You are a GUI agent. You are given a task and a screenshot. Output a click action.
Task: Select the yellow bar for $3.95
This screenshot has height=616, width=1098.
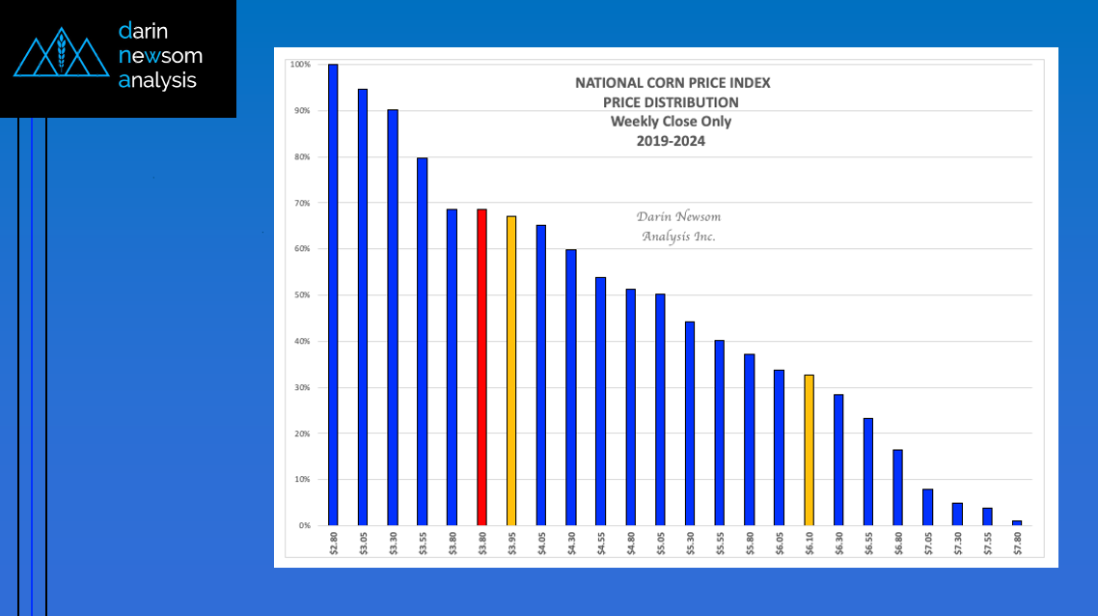point(511,371)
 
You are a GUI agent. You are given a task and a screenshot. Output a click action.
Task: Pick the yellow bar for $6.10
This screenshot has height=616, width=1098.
point(809,450)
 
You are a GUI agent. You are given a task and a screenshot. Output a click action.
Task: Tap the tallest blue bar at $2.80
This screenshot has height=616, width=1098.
point(333,294)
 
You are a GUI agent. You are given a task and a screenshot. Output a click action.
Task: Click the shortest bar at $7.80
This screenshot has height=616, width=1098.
point(1017,522)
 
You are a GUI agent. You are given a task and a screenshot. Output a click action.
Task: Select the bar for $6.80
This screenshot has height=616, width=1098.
point(897,488)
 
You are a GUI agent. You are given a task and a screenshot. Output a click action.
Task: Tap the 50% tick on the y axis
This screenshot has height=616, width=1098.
point(301,295)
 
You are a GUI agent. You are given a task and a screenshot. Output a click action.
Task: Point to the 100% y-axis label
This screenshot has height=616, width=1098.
point(300,65)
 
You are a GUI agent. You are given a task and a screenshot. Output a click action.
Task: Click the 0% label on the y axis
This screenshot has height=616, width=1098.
point(302,526)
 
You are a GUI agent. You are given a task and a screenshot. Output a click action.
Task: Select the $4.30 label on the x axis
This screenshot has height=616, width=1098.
point(571,545)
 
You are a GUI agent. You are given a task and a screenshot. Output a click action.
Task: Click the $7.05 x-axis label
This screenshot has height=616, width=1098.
point(927,545)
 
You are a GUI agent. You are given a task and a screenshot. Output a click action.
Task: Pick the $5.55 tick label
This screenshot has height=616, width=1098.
point(720,545)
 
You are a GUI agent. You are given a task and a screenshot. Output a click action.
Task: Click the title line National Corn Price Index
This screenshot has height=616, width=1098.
point(673,83)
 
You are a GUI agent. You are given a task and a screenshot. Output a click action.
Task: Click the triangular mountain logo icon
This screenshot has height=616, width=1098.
point(61,58)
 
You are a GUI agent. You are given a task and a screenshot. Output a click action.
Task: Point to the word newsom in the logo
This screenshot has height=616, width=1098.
point(159,56)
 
